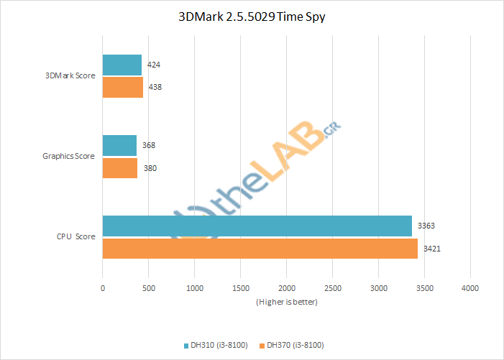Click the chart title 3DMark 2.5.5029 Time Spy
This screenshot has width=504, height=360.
coord(252,17)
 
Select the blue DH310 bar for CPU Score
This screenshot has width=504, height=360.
coord(257,226)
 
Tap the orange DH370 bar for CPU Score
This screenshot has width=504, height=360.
coord(260,249)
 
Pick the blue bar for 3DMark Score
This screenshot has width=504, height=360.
coord(122,65)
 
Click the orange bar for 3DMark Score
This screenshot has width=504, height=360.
coord(123,87)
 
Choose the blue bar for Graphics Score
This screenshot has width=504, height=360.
coord(119,145)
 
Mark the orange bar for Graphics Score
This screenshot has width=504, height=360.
coord(120,168)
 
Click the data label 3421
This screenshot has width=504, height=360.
coord(431,249)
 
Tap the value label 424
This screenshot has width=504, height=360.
coord(153,65)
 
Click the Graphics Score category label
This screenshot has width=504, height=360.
coord(69,156)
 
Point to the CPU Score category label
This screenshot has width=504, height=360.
coord(76,236)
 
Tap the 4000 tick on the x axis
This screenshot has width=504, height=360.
coord(470,288)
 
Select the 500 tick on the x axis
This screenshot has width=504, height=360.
coord(149,288)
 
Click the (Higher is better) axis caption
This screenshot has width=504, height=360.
coord(286,302)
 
